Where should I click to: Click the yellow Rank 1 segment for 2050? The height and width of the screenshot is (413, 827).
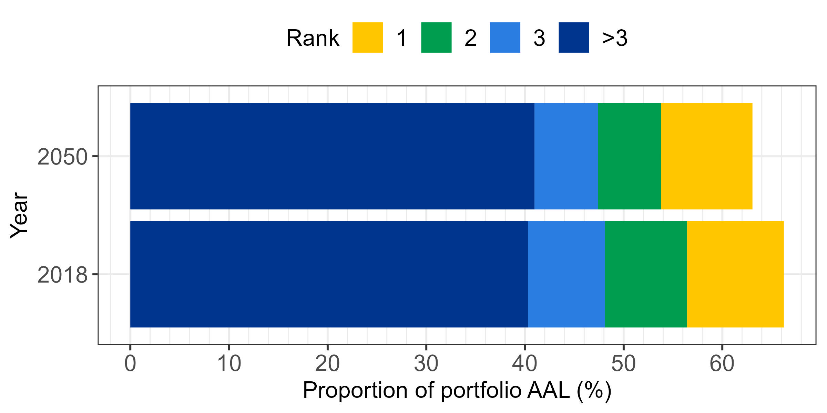pos(706,156)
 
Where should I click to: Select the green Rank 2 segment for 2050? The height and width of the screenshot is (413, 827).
pos(629,156)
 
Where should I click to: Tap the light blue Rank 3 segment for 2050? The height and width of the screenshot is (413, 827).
pos(566,156)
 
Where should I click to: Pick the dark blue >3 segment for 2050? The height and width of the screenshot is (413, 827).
pos(332,156)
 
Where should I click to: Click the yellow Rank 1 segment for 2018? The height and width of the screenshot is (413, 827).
pos(735,274)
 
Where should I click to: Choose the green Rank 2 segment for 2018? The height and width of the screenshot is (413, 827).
pos(646,274)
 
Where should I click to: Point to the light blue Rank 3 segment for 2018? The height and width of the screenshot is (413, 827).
pos(566,274)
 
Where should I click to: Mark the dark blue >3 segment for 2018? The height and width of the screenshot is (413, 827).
pos(329,274)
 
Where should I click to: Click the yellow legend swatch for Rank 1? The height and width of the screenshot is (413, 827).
pos(367,38)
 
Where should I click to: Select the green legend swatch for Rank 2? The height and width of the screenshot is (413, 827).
pos(436,38)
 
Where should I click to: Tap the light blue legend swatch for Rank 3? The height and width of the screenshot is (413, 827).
pos(505,38)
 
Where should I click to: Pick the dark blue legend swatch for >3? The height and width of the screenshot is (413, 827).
pos(574,38)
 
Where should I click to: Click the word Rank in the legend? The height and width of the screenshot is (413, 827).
pos(313,38)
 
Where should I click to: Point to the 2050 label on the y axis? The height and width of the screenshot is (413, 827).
pos(62,157)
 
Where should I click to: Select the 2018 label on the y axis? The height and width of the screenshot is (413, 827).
pos(62,275)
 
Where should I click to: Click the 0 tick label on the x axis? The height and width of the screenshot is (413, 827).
pos(130,364)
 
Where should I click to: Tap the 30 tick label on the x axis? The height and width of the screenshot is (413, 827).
pos(426,364)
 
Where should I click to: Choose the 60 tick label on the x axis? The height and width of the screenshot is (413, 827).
pos(722,364)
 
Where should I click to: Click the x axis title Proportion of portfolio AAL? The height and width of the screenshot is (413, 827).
pos(457,390)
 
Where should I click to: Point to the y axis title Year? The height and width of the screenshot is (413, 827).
pos(19,215)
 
